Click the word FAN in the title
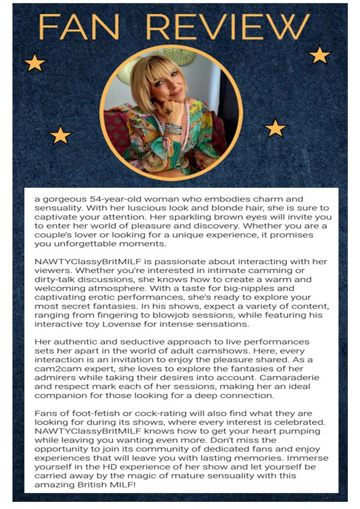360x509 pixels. click(x=78, y=26)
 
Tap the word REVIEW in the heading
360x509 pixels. click(x=228, y=26)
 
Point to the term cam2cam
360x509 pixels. click(x=56, y=368)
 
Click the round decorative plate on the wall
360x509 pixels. click(x=179, y=56)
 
